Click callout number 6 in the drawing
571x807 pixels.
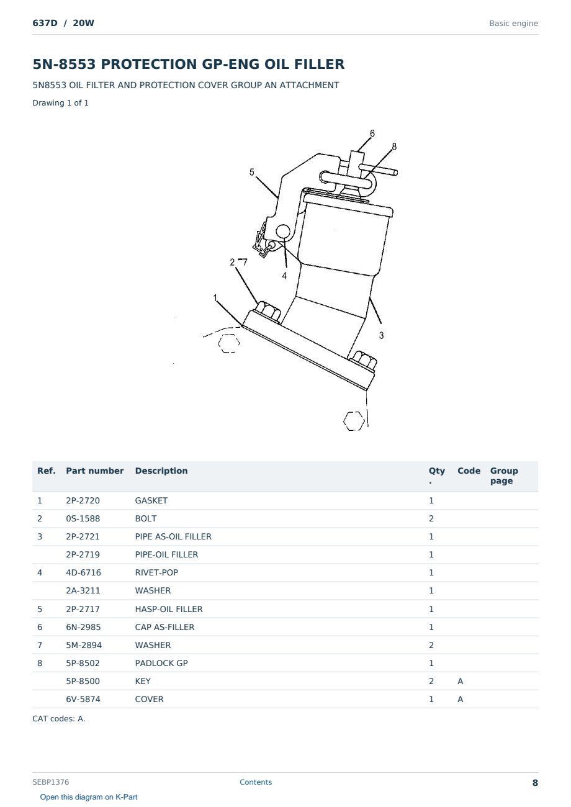[372, 133]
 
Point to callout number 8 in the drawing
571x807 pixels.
[394, 147]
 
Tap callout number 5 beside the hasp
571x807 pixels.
[252, 172]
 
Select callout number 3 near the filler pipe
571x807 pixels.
[381, 335]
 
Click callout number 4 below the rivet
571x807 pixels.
[284, 276]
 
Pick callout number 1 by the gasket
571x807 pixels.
[215, 298]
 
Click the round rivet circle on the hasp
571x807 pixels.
[283, 232]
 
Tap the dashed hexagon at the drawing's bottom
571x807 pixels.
[354, 421]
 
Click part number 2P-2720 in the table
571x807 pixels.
[83, 500]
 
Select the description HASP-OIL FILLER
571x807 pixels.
[169, 609]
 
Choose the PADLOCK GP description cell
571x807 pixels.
[161, 663]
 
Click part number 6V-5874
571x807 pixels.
[83, 699]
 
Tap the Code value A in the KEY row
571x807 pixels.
[460, 681]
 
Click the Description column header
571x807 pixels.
[161, 471]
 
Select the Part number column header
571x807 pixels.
[95, 471]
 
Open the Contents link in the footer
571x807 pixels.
[256, 782]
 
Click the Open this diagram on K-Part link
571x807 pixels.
[89, 797]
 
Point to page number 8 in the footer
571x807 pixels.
[535, 783]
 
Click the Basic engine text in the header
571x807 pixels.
[513, 24]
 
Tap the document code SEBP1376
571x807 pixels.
[50, 782]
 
